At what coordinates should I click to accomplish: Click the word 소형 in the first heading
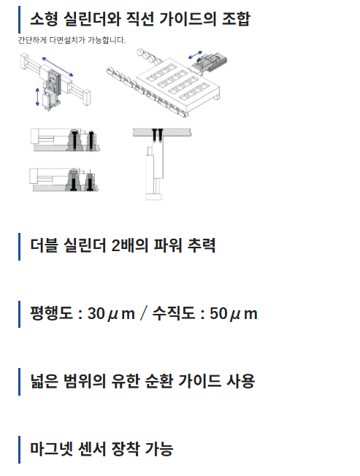(44, 19)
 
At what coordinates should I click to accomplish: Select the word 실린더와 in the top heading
(92, 19)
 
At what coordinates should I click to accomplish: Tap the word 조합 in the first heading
(236, 19)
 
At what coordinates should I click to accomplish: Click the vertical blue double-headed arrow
(37, 97)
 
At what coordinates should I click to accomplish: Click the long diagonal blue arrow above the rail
(58, 66)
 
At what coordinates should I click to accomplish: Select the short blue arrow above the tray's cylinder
(195, 55)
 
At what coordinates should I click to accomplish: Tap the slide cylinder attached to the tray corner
(210, 63)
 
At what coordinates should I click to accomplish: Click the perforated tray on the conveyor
(178, 84)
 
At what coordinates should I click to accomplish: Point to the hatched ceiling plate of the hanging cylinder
(162, 132)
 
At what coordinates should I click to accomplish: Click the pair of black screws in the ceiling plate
(158, 136)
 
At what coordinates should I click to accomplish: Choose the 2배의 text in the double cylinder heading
(129, 245)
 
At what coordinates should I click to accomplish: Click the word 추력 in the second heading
(202, 245)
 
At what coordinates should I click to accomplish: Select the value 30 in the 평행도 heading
(96, 313)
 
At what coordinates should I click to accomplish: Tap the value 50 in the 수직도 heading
(218, 313)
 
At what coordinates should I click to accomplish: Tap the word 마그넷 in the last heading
(51, 449)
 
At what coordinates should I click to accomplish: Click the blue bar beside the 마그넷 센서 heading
(20, 450)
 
